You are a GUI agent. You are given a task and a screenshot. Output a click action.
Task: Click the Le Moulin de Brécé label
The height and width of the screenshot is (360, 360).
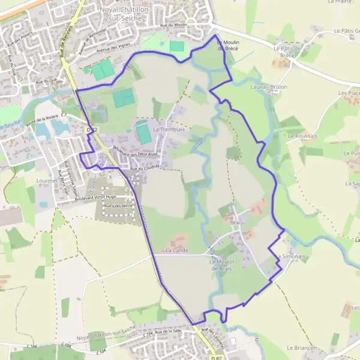[x=227, y=45]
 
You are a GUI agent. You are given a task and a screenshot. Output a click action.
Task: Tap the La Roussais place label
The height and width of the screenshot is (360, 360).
[x=302, y=136]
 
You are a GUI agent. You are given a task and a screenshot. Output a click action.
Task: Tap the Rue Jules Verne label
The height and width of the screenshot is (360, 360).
[x=117, y=206]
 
